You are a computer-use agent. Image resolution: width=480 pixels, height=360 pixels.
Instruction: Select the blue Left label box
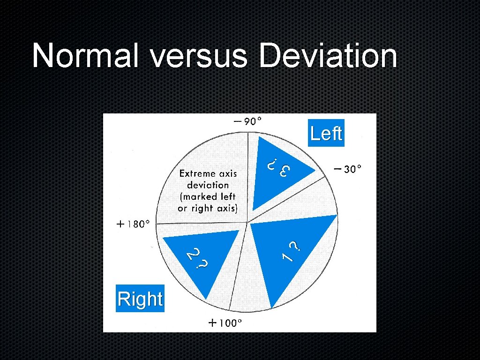click(326, 134)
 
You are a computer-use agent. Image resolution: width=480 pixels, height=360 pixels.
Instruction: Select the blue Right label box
click(140, 299)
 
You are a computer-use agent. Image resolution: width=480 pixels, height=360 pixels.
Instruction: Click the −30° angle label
click(348, 169)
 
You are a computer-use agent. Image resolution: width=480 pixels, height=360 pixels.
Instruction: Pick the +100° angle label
click(225, 323)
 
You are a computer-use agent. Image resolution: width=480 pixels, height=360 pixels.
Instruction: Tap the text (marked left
click(208, 197)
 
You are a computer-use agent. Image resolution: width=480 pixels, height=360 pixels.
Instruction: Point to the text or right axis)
click(208, 208)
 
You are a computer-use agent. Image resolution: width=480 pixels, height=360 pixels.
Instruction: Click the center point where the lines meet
click(247, 222)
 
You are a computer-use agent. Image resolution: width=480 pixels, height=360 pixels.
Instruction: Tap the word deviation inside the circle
click(208, 185)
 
